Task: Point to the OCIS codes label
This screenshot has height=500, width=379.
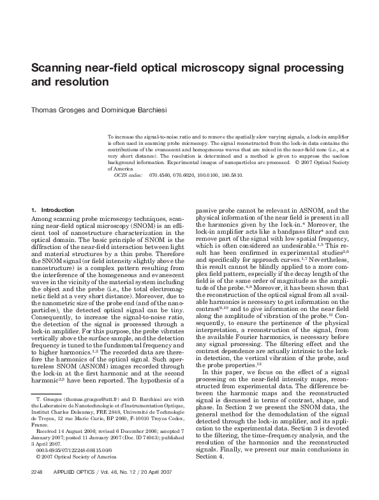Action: [128, 174]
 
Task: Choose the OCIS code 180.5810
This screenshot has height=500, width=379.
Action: [230, 174]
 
